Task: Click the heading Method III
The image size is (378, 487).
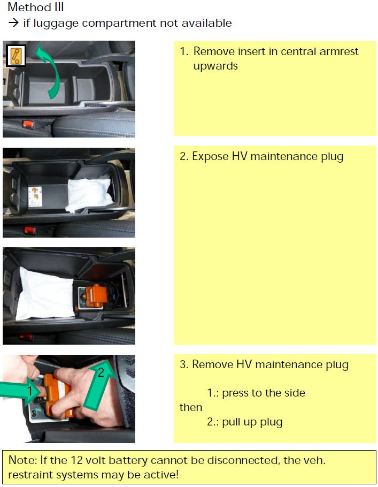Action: point(36,7)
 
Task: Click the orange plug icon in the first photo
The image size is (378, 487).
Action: point(16,56)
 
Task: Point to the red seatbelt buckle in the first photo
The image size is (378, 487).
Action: point(28,125)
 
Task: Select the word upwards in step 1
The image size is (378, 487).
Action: point(215,66)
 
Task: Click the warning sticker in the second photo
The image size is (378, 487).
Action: point(35,196)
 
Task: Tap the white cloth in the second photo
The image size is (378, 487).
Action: point(89,194)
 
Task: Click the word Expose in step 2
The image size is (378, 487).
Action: point(210,156)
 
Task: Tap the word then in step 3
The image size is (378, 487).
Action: point(191,407)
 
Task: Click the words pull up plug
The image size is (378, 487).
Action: point(252,422)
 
